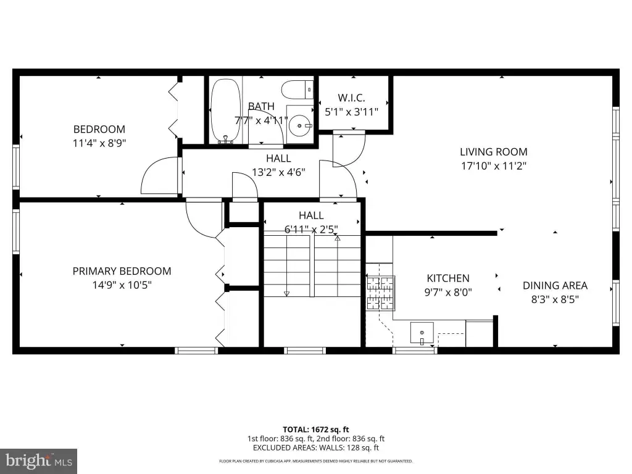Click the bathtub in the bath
(226, 111)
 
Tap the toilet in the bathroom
(297, 89)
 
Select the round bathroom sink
(300, 126)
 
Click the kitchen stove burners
(380, 293)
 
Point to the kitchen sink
(422, 333)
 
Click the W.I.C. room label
(351, 98)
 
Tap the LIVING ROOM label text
(493, 152)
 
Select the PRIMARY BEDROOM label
(122, 271)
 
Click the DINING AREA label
(555, 285)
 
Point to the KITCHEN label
(448, 278)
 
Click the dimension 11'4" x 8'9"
(99, 143)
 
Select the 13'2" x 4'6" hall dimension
(278, 172)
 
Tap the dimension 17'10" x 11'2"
(494, 165)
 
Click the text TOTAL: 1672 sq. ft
(315, 430)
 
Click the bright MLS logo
(39, 461)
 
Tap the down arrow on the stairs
(286, 293)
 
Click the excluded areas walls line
(315, 447)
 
